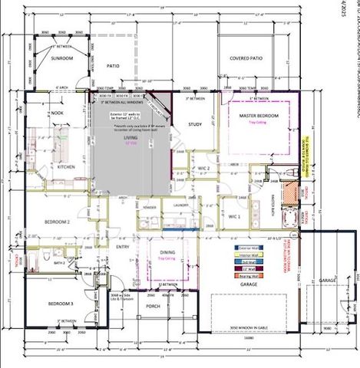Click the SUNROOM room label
pos(61,58)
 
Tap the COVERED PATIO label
pos(247,58)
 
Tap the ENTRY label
pos(123,247)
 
